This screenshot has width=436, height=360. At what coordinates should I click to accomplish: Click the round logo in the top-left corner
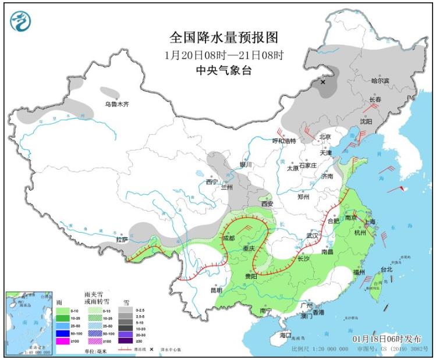point(21,21)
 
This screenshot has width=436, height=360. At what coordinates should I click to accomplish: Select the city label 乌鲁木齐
point(116,104)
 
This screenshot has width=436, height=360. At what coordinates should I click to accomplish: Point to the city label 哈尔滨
point(382,81)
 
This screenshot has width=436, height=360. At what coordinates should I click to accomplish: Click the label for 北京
point(325,137)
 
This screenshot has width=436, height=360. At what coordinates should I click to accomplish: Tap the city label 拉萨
point(121,239)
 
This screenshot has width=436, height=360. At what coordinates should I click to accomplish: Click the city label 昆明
point(215,290)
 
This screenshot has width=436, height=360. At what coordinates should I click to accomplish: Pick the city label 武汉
point(313,236)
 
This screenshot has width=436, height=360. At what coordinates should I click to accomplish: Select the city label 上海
point(369,222)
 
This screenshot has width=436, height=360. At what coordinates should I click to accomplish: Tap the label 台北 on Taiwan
point(387,269)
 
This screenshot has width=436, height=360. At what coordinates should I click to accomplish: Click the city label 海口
point(285,336)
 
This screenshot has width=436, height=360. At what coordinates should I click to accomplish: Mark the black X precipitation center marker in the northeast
point(323,83)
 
